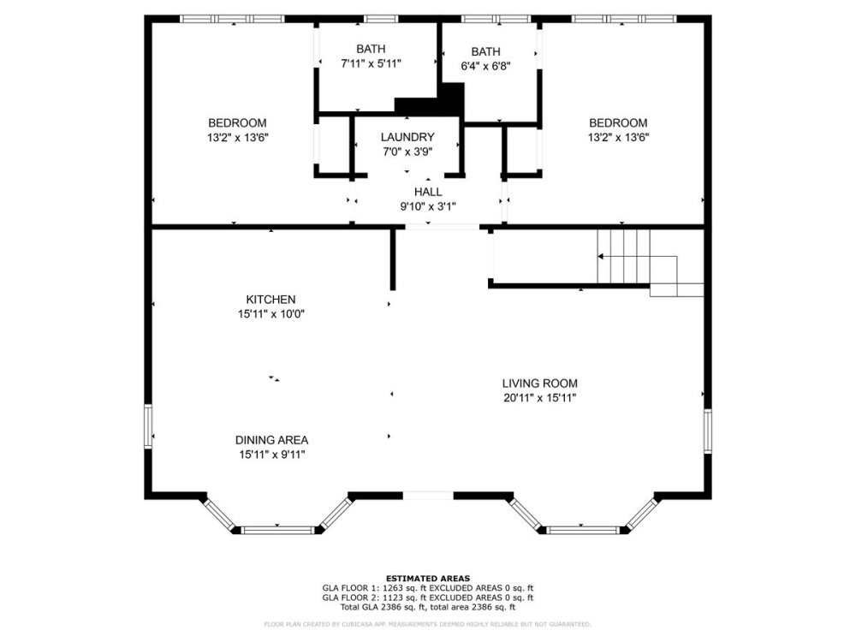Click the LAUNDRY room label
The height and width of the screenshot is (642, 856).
point(407,137)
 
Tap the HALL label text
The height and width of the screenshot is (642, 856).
point(428,192)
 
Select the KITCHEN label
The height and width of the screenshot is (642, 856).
point(270,300)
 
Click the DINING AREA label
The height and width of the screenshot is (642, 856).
point(271,440)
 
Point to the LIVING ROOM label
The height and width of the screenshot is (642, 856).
point(539,383)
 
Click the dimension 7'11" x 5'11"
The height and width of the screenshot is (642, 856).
point(371,63)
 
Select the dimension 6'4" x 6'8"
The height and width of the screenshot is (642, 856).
point(485,66)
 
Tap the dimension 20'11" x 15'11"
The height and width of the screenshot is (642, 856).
point(539,398)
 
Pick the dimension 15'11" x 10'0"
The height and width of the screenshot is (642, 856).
point(271,314)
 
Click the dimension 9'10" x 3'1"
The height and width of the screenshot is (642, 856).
point(428,206)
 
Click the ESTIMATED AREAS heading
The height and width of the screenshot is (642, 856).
point(428,579)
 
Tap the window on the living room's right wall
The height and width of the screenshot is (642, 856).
point(708,430)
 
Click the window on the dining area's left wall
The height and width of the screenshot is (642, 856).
point(148,427)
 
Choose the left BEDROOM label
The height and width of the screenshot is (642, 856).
point(237,122)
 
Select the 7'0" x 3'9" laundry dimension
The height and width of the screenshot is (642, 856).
point(407,152)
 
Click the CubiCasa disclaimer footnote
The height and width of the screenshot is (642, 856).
point(428,625)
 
